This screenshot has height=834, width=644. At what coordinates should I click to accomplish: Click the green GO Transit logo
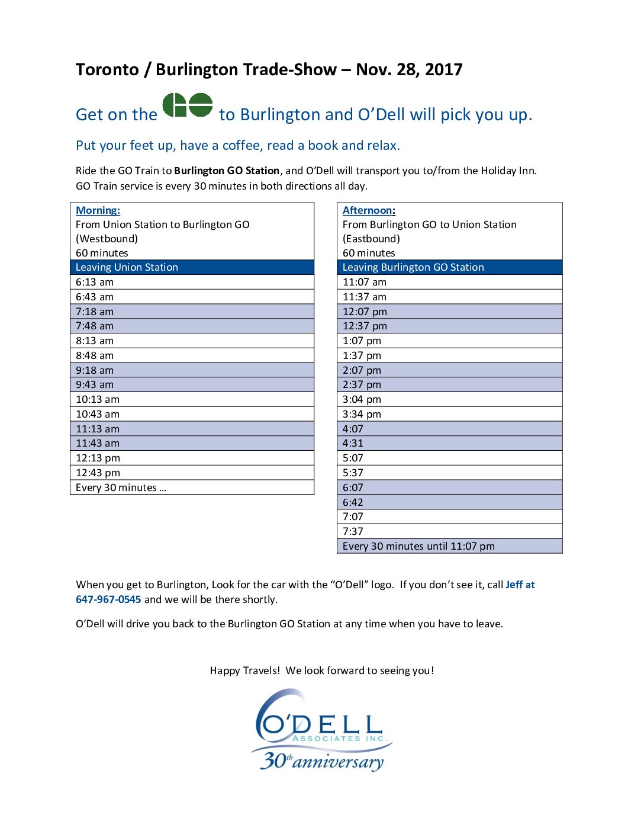pyautogui.click(x=188, y=105)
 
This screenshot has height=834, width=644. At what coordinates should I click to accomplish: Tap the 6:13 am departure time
pyautogui.click(x=95, y=282)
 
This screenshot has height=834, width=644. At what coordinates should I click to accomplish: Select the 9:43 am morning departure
pyautogui.click(x=95, y=384)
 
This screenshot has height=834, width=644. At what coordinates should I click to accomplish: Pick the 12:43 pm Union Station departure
pyautogui.click(x=98, y=473)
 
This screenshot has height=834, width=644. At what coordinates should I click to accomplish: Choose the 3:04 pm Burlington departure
pyautogui.click(x=362, y=399)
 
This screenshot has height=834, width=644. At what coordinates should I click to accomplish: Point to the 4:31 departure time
pyautogui.click(x=353, y=443)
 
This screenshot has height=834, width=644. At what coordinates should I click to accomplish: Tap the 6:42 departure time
pyautogui.click(x=353, y=502)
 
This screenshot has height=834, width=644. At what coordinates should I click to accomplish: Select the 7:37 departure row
pyautogui.click(x=353, y=531)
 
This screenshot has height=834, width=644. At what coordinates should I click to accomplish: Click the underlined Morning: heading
pyautogui.click(x=98, y=210)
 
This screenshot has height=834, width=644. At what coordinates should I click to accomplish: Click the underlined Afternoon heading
pyautogui.click(x=368, y=210)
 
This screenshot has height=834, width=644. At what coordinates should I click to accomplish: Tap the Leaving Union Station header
pyautogui.click(x=127, y=267)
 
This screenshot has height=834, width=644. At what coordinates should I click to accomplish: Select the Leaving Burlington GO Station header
pyautogui.click(x=413, y=267)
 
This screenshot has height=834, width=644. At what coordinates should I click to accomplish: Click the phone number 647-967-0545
pyautogui.click(x=108, y=599)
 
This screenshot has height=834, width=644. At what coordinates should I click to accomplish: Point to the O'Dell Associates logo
pyautogui.click(x=322, y=723)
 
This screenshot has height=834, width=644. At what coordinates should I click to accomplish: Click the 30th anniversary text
pyautogui.click(x=322, y=761)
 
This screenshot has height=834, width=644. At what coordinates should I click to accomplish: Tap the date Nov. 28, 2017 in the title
pyautogui.click(x=409, y=70)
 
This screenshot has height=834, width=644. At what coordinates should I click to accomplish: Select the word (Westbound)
pyautogui.click(x=107, y=239)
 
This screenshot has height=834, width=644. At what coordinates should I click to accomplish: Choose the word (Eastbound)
pyautogui.click(x=371, y=239)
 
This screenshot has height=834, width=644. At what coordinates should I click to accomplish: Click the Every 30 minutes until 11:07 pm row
pyautogui.click(x=418, y=546)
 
